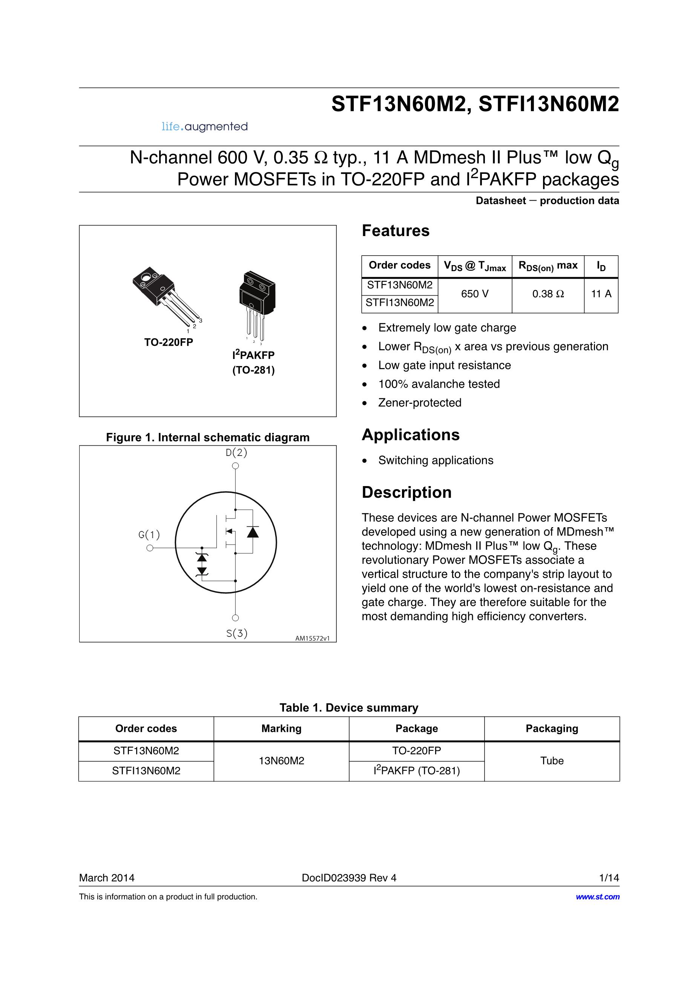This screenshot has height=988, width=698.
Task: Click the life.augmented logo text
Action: [x=204, y=126]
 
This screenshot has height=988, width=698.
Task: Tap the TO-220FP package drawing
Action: [x=166, y=297]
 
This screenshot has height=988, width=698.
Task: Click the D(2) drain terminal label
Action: [x=236, y=452]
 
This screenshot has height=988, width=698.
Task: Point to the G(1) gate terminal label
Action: [x=149, y=535]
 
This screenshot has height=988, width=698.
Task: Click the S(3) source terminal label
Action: [x=237, y=633]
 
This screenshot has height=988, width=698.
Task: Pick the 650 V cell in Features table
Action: [x=475, y=294]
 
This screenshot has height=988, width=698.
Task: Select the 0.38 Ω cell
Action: [x=548, y=294]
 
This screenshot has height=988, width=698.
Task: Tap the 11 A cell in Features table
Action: [x=601, y=294]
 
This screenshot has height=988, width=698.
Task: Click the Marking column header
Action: [x=281, y=729]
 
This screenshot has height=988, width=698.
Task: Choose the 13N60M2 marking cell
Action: [x=281, y=761]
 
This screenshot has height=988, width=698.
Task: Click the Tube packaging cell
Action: [x=552, y=761]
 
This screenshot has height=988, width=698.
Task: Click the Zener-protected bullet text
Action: [x=420, y=403]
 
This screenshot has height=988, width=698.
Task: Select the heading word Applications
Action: [x=411, y=435]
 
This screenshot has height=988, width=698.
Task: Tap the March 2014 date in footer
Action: [x=107, y=878]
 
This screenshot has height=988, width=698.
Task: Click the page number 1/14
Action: [x=609, y=878]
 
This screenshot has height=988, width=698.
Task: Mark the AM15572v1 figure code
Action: [x=312, y=638]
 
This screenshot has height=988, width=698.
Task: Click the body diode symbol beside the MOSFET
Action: [x=253, y=532]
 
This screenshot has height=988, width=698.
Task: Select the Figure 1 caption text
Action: [x=208, y=438]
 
